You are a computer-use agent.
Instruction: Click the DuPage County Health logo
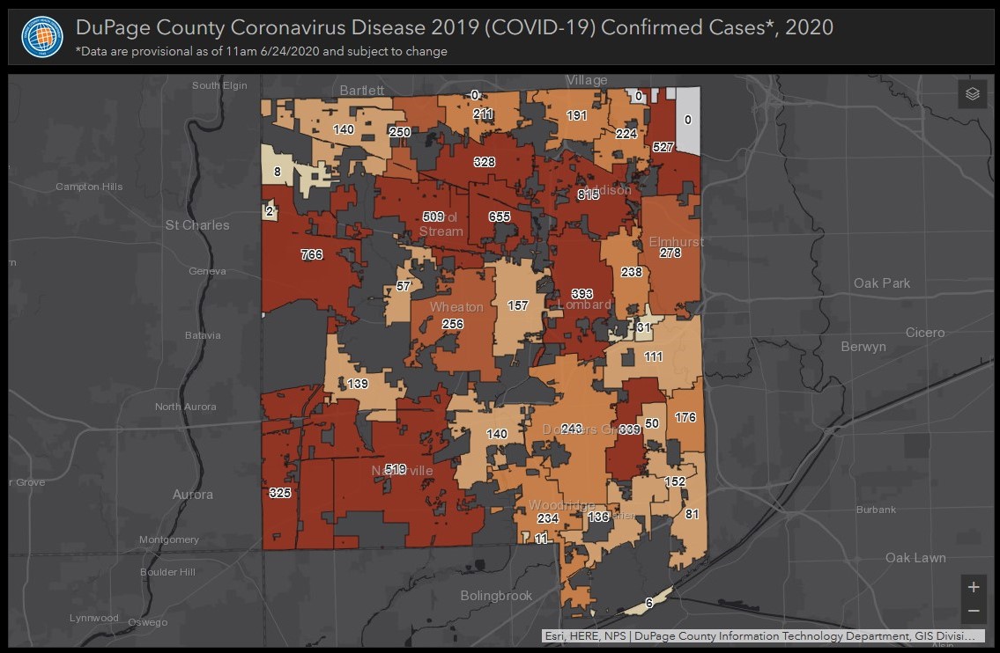click(42, 36)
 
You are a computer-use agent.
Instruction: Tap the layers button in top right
click(972, 94)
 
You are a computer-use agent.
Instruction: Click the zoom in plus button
click(973, 587)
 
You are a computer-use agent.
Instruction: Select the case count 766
click(311, 255)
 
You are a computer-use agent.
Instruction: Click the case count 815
click(588, 195)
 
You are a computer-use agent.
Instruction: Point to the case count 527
click(663, 148)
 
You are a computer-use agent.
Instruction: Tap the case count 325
click(280, 493)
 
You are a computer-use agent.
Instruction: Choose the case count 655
click(500, 217)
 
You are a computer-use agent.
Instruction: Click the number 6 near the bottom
click(648, 603)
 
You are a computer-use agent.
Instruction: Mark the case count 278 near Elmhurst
click(670, 253)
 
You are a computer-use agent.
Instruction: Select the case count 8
click(278, 172)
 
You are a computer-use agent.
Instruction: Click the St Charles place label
click(197, 225)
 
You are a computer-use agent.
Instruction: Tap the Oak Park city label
click(882, 283)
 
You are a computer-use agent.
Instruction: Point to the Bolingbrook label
click(496, 596)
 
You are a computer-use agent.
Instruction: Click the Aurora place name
click(193, 495)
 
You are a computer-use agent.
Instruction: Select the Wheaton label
click(456, 307)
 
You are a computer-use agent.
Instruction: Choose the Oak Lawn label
click(915, 558)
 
